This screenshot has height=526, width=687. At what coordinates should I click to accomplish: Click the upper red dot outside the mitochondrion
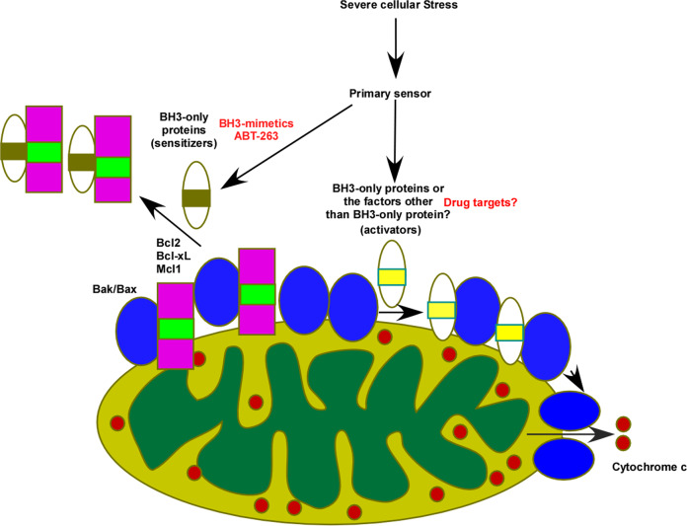click(624, 424)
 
